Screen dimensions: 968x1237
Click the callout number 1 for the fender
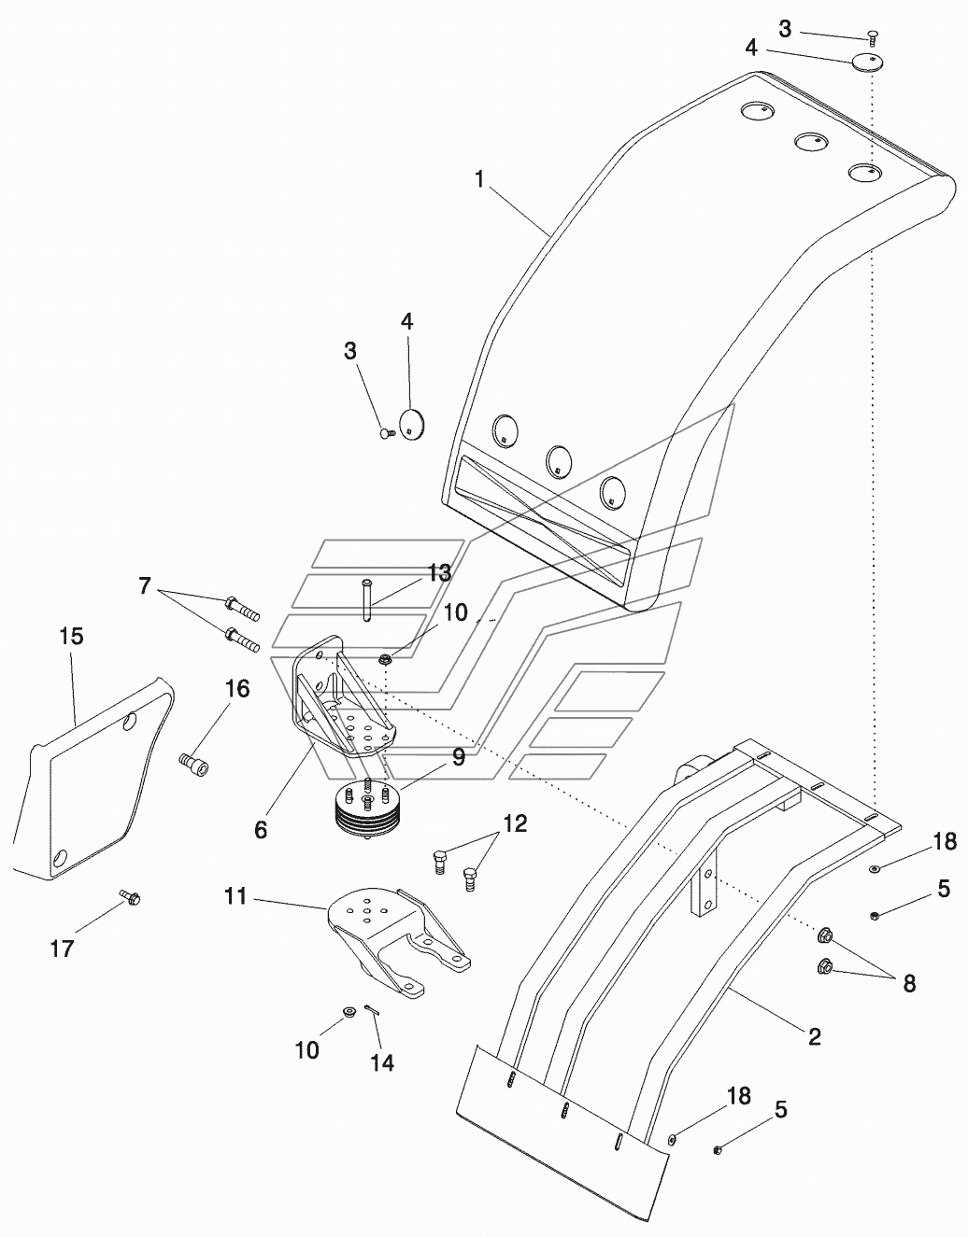point(479,180)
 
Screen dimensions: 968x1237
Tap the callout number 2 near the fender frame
point(815,1036)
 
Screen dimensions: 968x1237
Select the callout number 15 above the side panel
point(72,637)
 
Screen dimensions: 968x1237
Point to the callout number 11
point(235,896)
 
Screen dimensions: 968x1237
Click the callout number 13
point(440,573)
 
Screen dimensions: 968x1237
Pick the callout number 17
point(62,949)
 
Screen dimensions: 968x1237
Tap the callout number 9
point(458,756)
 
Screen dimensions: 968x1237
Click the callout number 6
point(261,830)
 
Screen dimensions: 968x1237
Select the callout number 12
point(515,823)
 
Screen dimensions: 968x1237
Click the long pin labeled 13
point(365,599)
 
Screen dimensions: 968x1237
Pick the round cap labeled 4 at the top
point(867,61)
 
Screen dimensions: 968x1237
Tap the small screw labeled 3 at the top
point(873,35)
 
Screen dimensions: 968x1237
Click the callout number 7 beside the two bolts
point(145,585)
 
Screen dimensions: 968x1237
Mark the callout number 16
point(238,689)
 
